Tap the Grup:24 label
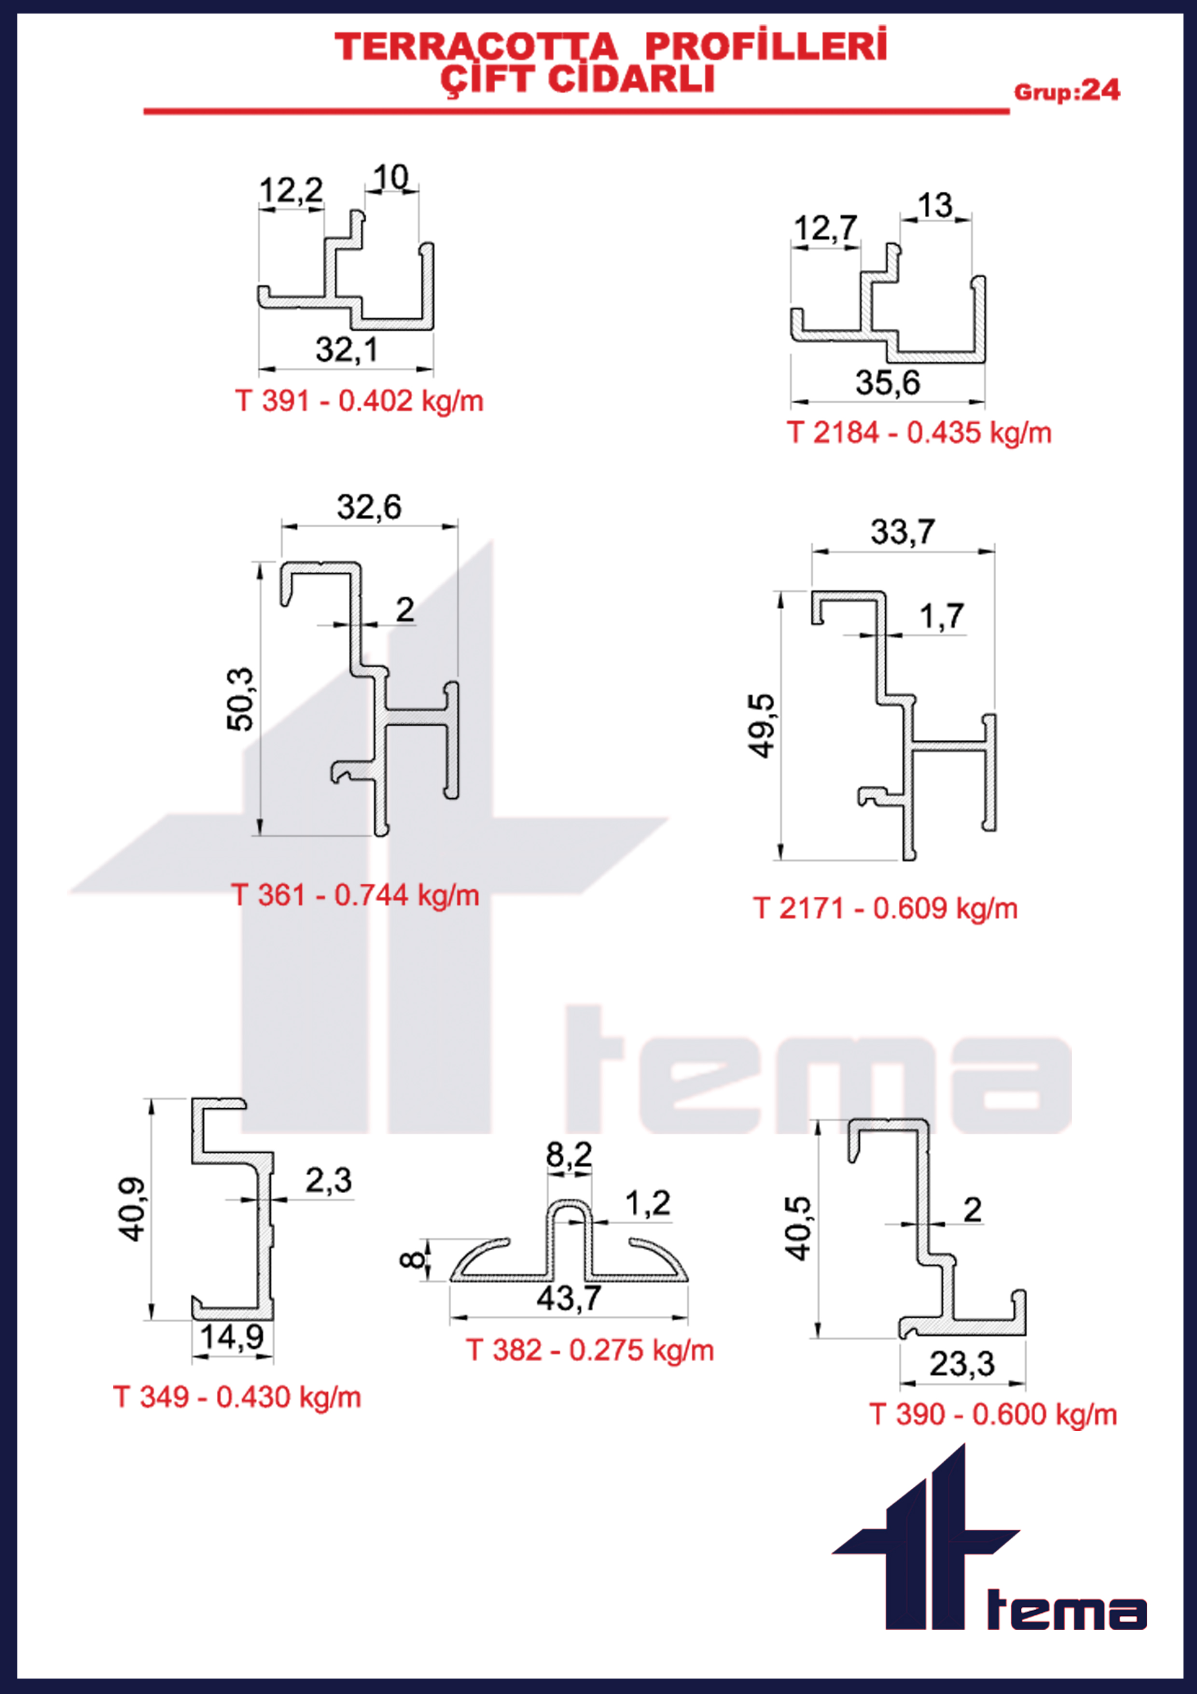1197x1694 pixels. click(1067, 91)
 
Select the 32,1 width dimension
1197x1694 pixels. click(347, 350)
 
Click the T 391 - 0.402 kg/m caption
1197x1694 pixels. click(359, 401)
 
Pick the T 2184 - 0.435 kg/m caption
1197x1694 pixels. click(919, 432)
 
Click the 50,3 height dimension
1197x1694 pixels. click(240, 699)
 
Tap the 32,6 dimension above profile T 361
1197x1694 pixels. click(370, 508)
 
